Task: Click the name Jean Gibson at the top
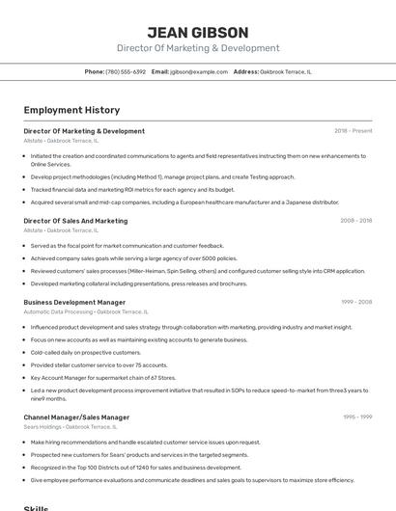coord(197,33)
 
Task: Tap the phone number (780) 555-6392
coord(126,71)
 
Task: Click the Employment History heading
coord(71,110)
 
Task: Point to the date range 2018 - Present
coord(353,131)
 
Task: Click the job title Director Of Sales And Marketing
coord(75,221)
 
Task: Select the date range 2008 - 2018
coord(355,221)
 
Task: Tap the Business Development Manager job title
coord(74,302)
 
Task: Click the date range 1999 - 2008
coord(355,302)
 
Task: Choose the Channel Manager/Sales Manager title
coord(76,417)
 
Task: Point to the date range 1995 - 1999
coord(356,417)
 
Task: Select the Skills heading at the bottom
coord(36,507)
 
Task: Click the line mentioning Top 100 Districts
coord(135,467)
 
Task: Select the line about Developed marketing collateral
coord(138,283)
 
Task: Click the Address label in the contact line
coord(245,71)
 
